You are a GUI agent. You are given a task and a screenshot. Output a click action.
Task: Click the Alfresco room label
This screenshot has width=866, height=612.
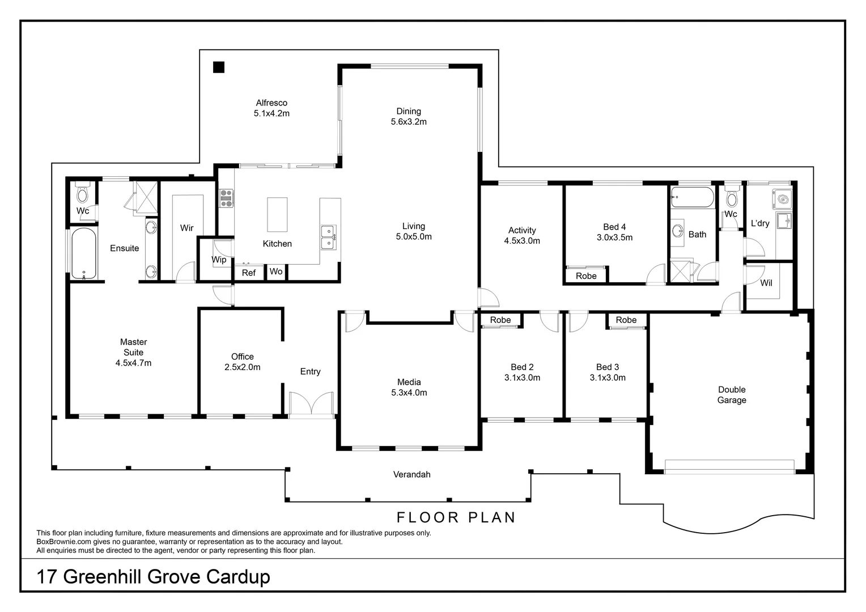(x=271, y=103)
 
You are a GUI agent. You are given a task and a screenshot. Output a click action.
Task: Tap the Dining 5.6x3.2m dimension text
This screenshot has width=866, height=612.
(x=408, y=122)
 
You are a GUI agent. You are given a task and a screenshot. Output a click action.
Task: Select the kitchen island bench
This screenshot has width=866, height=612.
(x=277, y=214)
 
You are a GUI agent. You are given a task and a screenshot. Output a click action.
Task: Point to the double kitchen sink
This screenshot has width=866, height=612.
(x=328, y=237)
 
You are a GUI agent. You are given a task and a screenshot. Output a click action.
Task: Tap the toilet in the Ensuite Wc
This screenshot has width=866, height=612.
(x=83, y=194)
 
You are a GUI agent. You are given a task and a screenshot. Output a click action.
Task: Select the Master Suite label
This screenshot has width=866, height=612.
(x=133, y=347)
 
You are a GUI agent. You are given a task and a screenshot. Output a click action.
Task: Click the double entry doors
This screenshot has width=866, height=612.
(x=311, y=405)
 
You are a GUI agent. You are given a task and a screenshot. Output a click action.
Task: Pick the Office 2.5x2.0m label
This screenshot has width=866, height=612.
(x=242, y=362)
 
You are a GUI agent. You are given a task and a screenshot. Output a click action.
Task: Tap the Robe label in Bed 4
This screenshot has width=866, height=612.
(x=586, y=276)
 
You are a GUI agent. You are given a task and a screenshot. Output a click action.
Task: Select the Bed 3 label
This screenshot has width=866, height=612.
(x=608, y=367)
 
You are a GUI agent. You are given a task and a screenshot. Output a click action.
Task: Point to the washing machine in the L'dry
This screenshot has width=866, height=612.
(x=782, y=199)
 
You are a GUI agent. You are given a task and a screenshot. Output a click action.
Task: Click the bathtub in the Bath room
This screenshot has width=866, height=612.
(x=691, y=198)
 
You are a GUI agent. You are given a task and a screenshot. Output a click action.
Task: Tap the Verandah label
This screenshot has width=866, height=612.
(x=411, y=474)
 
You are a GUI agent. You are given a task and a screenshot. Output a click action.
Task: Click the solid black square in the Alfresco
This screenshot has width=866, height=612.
(x=219, y=67)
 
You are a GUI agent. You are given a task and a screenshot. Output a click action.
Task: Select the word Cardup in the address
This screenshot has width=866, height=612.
(x=237, y=577)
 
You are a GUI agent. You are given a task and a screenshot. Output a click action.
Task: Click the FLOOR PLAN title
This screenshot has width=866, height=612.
(x=456, y=517)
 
